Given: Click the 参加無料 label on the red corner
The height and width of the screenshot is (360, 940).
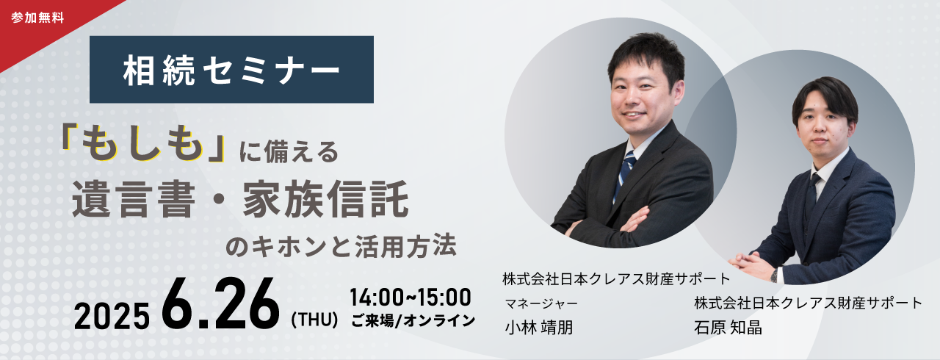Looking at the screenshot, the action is (x=37, y=18).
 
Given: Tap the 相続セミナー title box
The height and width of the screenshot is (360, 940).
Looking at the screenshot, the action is (x=231, y=70).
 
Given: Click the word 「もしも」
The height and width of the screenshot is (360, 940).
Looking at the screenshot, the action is (x=142, y=144).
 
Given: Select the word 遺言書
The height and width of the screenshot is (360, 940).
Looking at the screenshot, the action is (x=134, y=199).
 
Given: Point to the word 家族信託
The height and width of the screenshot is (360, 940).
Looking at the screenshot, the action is (x=325, y=199).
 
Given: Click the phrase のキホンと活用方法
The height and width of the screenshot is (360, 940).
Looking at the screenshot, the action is (x=341, y=246).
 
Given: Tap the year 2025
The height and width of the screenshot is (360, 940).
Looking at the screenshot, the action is (x=112, y=315).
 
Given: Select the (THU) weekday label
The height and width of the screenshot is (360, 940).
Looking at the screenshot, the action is (x=315, y=320).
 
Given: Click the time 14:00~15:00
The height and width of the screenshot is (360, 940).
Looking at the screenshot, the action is (x=411, y=297).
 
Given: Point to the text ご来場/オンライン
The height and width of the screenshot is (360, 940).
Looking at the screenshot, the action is (x=413, y=320).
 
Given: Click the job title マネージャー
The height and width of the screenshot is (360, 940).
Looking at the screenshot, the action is (x=541, y=303).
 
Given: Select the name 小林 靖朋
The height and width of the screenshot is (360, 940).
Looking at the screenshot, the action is (x=539, y=327).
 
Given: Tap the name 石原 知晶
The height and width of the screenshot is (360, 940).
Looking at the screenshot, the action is (x=728, y=327).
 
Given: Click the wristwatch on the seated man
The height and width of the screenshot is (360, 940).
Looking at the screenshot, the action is (x=774, y=276).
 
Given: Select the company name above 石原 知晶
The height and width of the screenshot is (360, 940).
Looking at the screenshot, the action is (x=809, y=303).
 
